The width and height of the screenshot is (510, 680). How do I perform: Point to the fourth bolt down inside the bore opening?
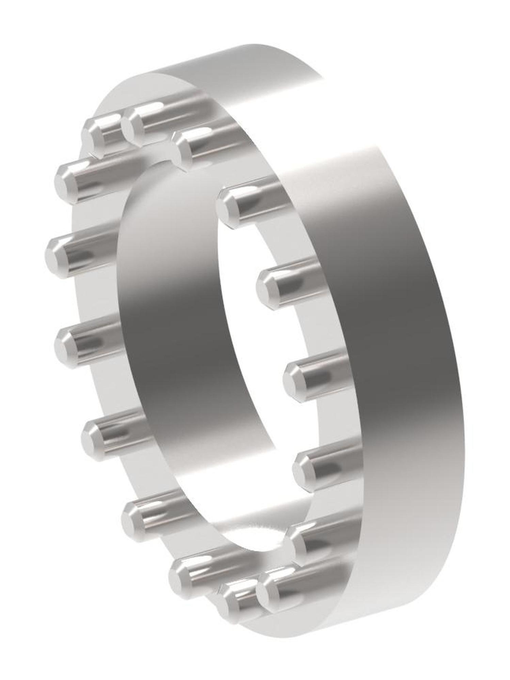tap(304, 466)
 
